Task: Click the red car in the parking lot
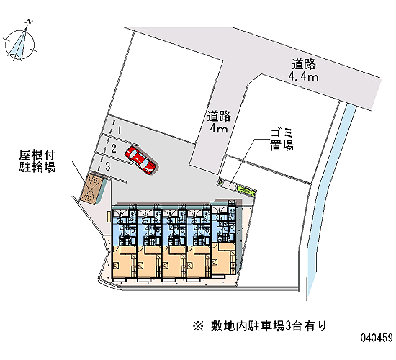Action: tap(142, 160)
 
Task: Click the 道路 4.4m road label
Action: tap(304, 70)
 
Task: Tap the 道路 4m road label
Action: tap(219, 122)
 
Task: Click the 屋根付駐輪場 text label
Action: tap(37, 161)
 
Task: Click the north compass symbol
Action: tap(19, 43)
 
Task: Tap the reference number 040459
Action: tap(377, 338)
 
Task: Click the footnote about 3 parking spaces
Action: tap(260, 325)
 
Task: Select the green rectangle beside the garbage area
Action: tap(245, 189)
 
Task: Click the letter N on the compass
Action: tap(30, 22)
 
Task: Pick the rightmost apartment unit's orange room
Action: tap(222, 258)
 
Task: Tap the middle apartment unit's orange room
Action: tap(173, 262)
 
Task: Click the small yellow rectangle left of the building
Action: tap(109, 216)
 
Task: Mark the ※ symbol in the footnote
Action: tap(198, 326)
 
